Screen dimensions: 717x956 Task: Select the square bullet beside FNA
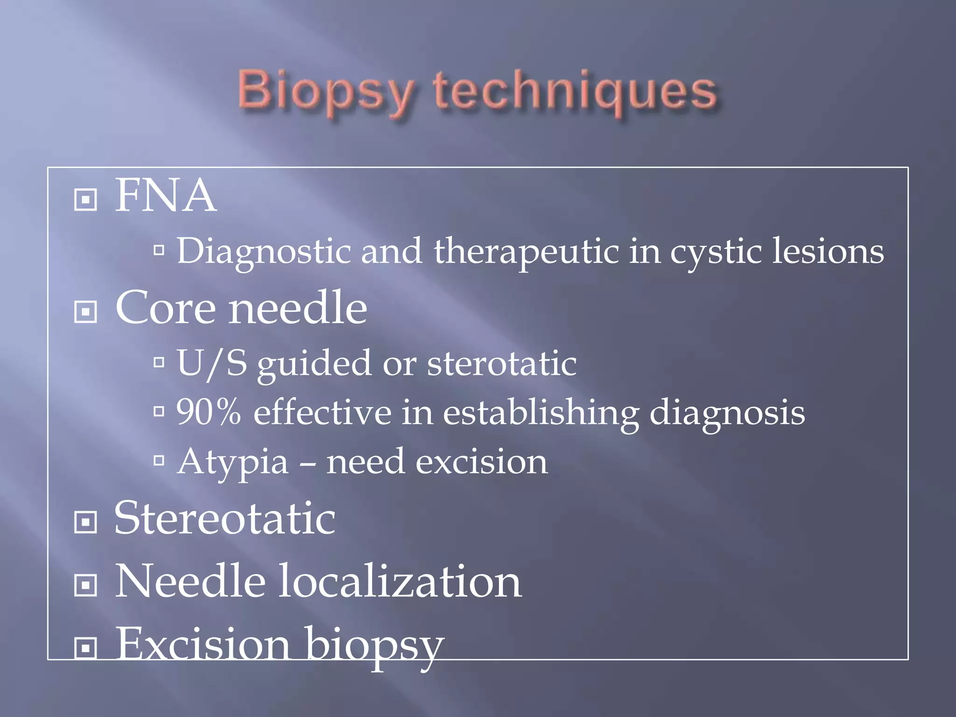click(85, 200)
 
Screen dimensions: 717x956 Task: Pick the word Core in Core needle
click(166, 309)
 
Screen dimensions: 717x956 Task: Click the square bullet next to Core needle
click(85, 311)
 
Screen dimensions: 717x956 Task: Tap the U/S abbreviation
click(212, 363)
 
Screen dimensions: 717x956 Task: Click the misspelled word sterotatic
click(502, 363)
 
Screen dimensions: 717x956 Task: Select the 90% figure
click(209, 412)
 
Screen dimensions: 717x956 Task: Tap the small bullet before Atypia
click(159, 461)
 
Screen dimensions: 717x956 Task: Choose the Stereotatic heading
click(225, 518)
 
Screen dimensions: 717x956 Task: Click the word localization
click(400, 582)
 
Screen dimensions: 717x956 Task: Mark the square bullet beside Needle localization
click(85, 585)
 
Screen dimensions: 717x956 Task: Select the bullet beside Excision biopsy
click(85, 648)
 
